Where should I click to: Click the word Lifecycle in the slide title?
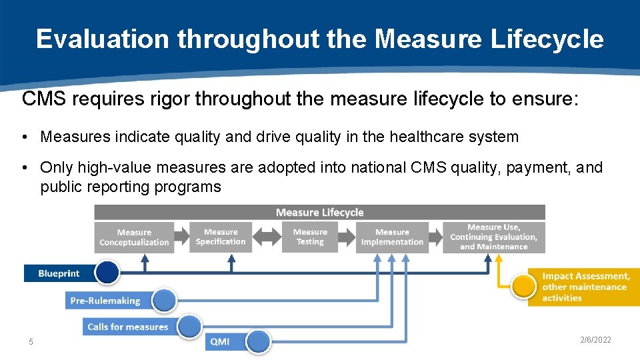pyautogui.click(x=547, y=39)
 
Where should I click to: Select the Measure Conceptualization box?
pyautogui.click(x=134, y=237)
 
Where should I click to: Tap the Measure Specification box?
pyautogui.click(x=221, y=237)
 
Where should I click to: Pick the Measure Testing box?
pyautogui.click(x=310, y=237)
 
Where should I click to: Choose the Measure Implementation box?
pyautogui.click(x=392, y=237)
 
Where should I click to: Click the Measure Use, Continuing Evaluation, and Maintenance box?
pyautogui.click(x=493, y=237)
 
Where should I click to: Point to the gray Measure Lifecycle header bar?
pyautogui.click(x=319, y=213)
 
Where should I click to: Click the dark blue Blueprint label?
pyautogui.click(x=59, y=273)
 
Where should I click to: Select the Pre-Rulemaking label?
pyautogui.click(x=105, y=301)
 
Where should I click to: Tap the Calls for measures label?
pyautogui.click(x=127, y=327)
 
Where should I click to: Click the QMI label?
pyautogui.click(x=220, y=342)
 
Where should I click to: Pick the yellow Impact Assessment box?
pyautogui.click(x=585, y=287)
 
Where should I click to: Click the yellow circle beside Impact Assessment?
pyautogui.click(x=524, y=287)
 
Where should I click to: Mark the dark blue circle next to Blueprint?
pyautogui.click(x=107, y=272)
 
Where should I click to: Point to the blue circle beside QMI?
pyautogui.click(x=258, y=342)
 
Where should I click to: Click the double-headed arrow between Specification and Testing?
pyautogui.click(x=266, y=237)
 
